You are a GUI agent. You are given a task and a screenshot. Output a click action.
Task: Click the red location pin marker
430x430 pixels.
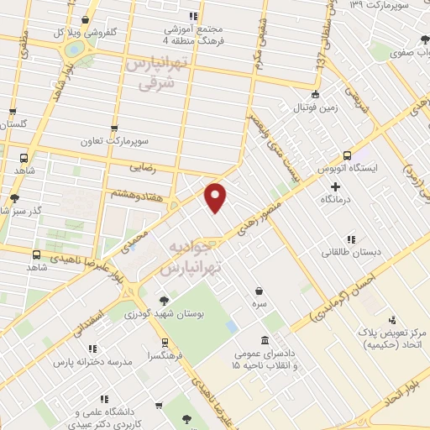(x=217, y=196)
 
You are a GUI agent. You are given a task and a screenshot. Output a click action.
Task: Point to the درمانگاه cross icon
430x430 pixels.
(x=336, y=186)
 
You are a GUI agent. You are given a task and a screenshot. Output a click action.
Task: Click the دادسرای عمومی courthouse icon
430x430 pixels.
(x=265, y=340)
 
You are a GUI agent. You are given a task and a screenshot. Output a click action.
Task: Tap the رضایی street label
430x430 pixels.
(x=143, y=167)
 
